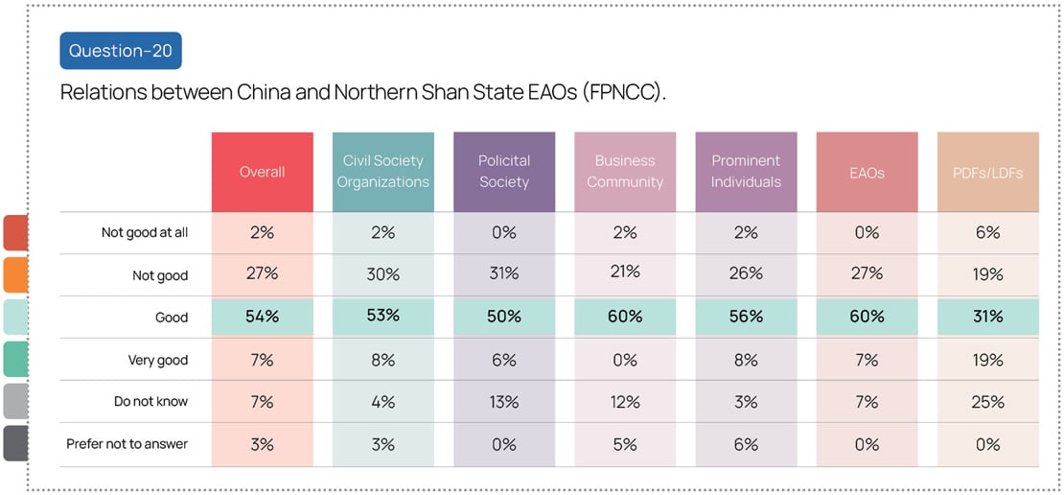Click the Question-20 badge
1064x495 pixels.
tap(121, 51)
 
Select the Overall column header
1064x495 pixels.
tap(262, 172)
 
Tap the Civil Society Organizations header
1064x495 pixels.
tap(382, 172)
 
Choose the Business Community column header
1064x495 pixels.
tap(625, 172)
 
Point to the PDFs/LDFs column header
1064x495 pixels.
tap(987, 172)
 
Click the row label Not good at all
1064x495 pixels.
tap(145, 233)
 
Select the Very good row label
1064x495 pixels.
tap(158, 361)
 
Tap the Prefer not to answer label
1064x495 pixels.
tap(127, 444)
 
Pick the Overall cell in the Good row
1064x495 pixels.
tap(262, 317)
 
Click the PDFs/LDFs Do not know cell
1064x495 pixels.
tap(987, 402)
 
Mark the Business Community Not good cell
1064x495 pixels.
tap(625, 272)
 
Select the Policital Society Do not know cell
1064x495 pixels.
tap(504, 402)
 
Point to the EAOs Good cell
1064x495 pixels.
tap(867, 317)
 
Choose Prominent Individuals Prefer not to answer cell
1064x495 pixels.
tap(746, 444)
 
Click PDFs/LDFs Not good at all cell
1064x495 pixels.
tap(987, 232)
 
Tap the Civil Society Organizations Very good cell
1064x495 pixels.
tap(382, 360)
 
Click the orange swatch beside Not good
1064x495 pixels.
tap(15, 274)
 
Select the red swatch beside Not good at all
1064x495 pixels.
tap(15, 233)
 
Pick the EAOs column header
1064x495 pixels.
tap(867, 172)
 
